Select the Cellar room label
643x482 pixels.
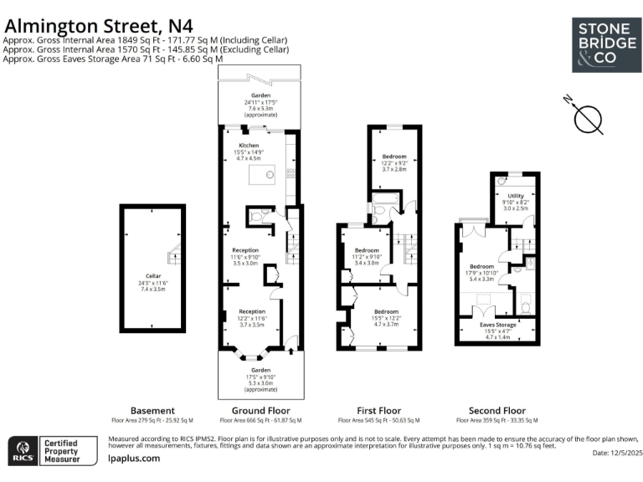152,281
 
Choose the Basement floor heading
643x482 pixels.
153,411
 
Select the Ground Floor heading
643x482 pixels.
261,411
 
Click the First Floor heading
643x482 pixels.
378,411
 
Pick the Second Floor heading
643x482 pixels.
497,411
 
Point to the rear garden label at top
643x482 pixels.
260,101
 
